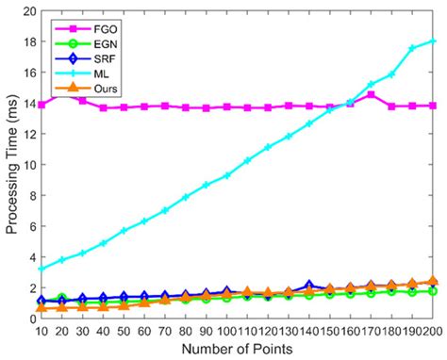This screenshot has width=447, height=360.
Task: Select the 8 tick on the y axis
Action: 27,196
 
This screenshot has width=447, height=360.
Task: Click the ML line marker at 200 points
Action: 433,41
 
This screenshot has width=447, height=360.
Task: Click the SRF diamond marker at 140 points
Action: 308,285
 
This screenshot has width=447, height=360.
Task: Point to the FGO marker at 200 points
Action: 433,106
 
